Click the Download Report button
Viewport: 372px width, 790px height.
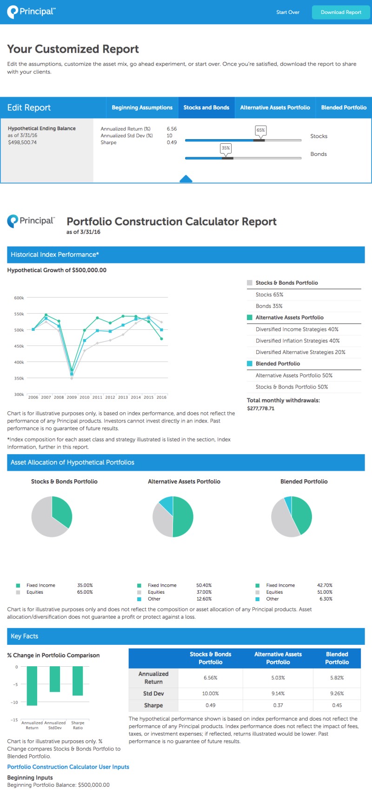click(x=341, y=13)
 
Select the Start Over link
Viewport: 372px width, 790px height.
click(x=288, y=13)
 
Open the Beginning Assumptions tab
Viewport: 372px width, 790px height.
click(x=142, y=107)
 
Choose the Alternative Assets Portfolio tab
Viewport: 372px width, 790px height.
click(x=275, y=107)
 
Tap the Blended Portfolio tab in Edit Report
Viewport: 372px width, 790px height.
click(x=344, y=107)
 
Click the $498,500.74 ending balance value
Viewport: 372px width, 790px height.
click(x=22, y=142)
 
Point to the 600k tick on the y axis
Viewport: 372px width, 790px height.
click(x=19, y=298)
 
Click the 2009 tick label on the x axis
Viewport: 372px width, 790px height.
click(x=72, y=397)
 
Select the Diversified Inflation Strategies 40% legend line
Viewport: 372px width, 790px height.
click(x=298, y=341)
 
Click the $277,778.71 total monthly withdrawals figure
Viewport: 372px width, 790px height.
click(x=260, y=408)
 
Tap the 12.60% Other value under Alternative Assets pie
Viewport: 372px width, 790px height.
click(x=204, y=599)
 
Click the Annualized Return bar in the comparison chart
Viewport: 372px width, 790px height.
click(x=32, y=686)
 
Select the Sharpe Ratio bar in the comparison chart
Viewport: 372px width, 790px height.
click(x=78, y=681)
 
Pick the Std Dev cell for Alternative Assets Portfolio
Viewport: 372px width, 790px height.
click(x=278, y=693)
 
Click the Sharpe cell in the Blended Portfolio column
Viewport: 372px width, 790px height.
click(x=337, y=705)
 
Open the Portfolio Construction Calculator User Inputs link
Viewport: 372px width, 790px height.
click(x=68, y=767)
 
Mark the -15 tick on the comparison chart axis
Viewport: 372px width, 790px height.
click(x=14, y=720)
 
